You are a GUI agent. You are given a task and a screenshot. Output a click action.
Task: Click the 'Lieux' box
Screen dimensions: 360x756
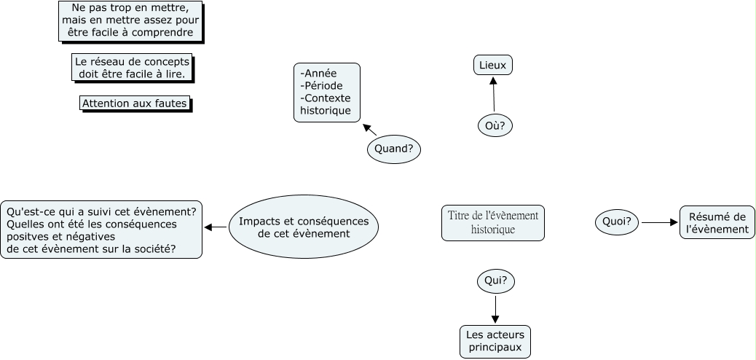pos(493,66)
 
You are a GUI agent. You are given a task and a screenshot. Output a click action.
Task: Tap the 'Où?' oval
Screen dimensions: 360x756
pos(495,125)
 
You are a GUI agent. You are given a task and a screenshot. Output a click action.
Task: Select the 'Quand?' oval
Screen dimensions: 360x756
pos(394,149)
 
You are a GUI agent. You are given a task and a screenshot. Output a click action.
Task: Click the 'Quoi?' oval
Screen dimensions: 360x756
pos(617,222)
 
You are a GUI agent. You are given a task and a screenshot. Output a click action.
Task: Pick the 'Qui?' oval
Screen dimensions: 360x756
pos(495,281)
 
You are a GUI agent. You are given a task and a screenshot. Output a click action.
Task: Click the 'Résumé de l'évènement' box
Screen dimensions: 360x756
pos(717,222)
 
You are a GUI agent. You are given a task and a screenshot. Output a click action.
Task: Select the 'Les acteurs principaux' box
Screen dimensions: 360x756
pos(495,342)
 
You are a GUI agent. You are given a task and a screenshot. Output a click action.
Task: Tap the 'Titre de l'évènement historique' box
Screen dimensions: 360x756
pos(493,223)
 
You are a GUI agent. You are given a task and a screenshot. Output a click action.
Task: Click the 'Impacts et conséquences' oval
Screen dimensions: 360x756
pos(304,227)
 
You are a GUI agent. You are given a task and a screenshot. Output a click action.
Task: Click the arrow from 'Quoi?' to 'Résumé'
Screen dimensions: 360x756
pos(658,222)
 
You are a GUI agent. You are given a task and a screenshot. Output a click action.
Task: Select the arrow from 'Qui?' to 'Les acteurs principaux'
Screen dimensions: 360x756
pos(495,308)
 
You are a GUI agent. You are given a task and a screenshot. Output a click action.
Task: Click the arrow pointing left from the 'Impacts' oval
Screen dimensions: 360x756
pos(216,227)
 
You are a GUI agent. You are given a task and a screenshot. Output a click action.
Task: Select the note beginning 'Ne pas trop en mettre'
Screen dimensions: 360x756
pos(130,20)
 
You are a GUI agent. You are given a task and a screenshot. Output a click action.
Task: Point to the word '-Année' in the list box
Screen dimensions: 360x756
pos(318,73)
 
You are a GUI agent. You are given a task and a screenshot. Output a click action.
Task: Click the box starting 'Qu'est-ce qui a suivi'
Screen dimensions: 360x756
pos(101,230)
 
